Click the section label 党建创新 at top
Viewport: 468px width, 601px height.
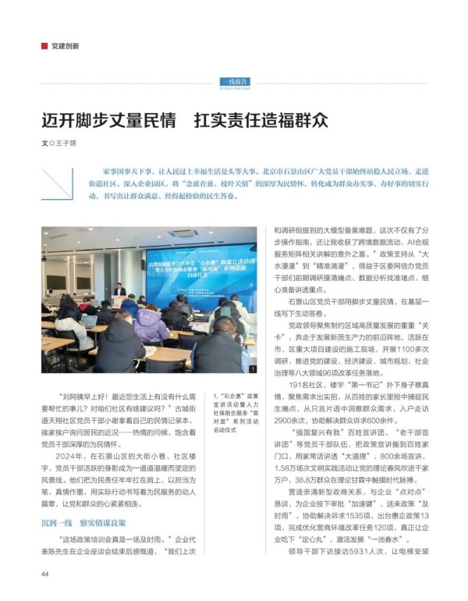(x=65, y=46)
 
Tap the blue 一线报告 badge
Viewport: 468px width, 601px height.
(x=235, y=80)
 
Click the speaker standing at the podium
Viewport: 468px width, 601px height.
(x=119, y=290)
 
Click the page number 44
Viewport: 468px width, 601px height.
(x=46, y=574)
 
